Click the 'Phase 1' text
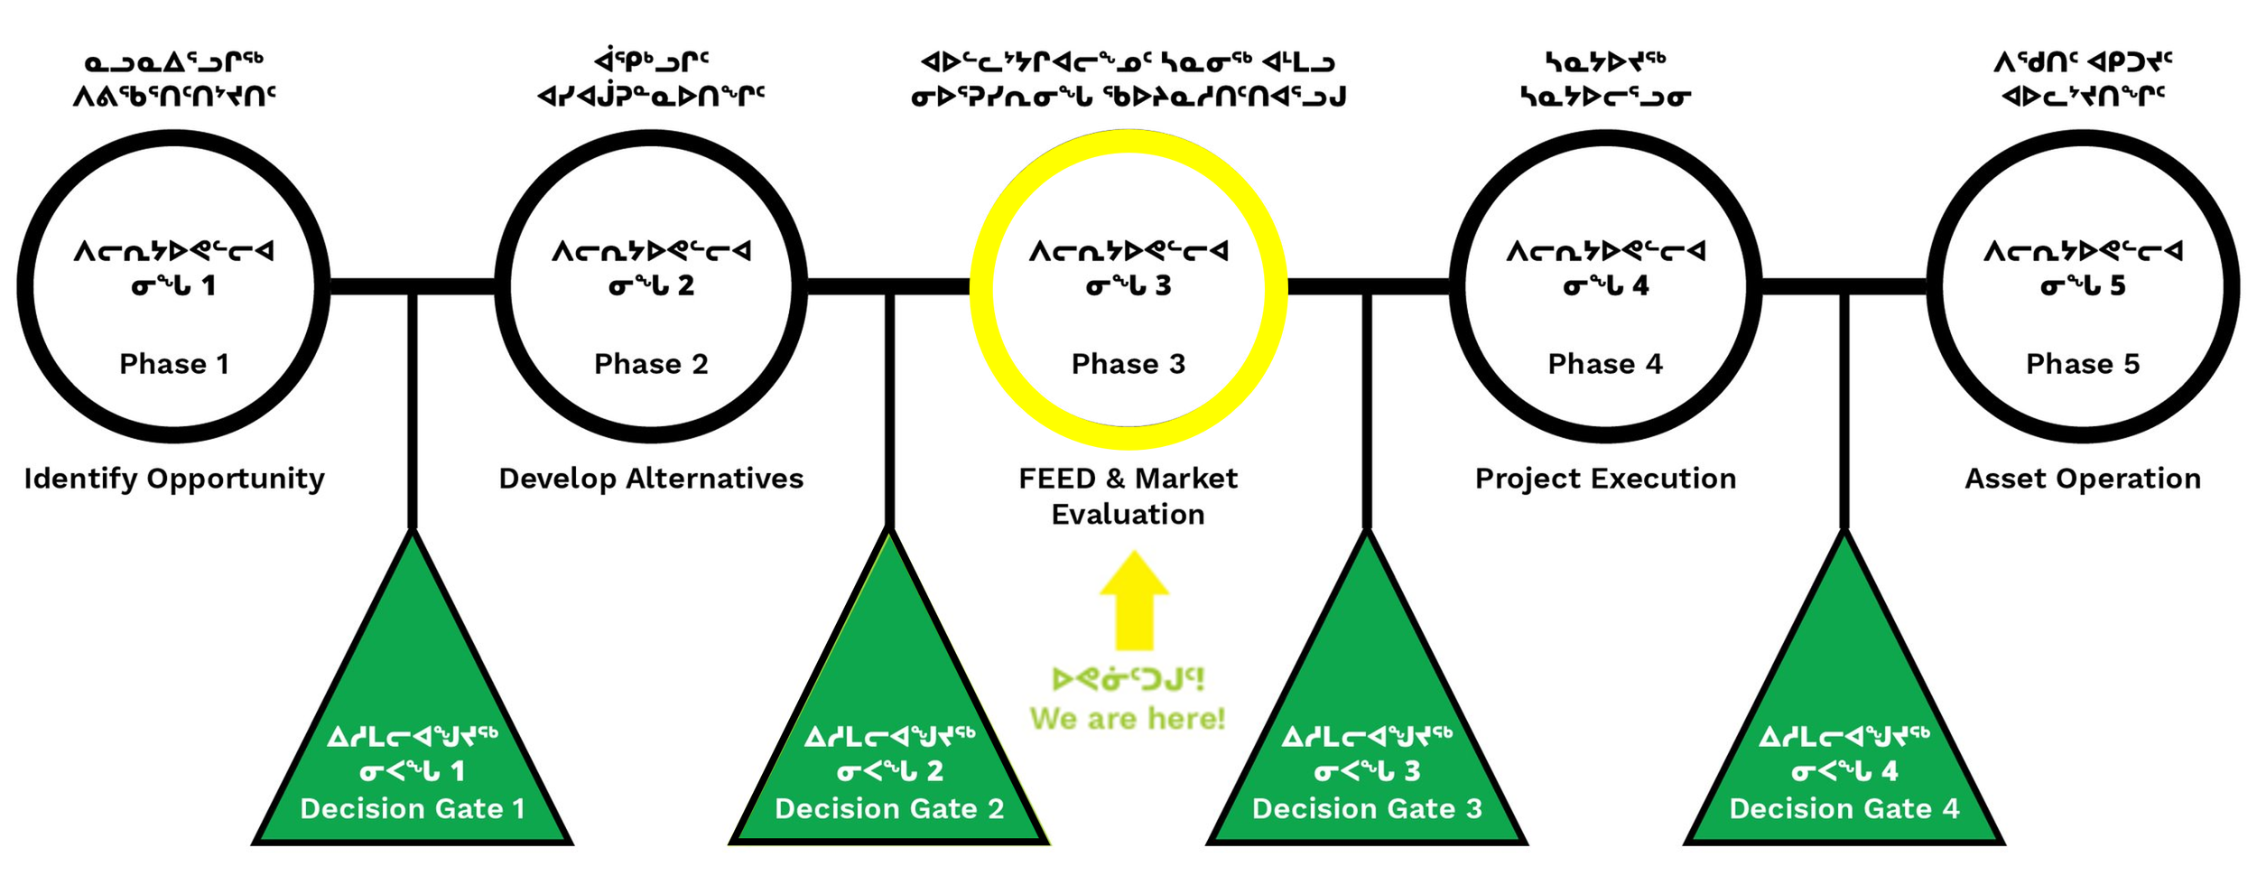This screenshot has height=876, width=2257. tap(174, 364)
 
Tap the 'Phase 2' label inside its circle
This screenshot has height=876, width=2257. tap(651, 364)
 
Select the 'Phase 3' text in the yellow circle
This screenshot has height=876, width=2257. tap(1128, 364)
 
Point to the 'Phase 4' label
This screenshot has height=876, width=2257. tap(1604, 364)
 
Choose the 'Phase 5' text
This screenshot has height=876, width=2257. tap(2082, 364)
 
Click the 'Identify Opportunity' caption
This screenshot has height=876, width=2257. tap(174, 479)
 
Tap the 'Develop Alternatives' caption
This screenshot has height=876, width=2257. tap(651, 479)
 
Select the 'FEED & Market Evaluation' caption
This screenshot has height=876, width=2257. tap(1128, 496)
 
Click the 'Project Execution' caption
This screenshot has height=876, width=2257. tap(1605, 479)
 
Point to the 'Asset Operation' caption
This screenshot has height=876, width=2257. tap(2083, 479)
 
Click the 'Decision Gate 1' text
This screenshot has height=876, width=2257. tap(413, 808)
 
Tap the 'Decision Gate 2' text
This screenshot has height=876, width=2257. tap(889, 808)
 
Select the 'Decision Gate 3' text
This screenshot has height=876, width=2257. tap(1367, 808)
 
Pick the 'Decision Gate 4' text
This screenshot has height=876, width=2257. tap(1844, 808)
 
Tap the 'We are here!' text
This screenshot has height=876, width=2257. tap(1128, 719)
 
